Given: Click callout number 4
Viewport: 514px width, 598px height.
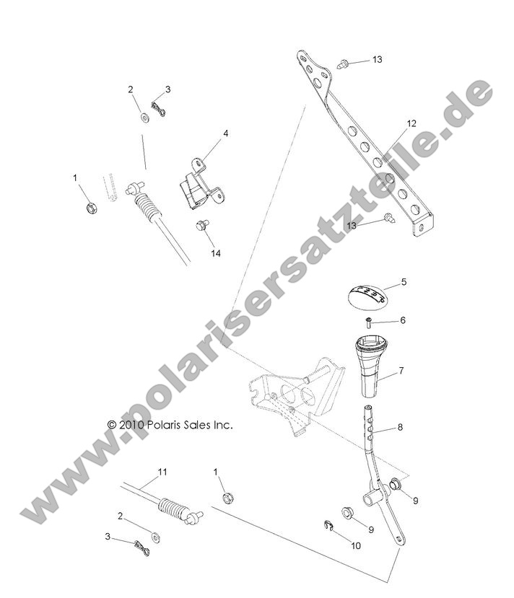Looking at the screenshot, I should pyautogui.click(x=206, y=133).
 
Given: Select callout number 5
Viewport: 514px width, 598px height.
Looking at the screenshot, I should pyautogui.click(x=404, y=283).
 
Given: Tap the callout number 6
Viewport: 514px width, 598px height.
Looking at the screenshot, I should pyautogui.click(x=404, y=320).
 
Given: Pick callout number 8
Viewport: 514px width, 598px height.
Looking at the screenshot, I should pyautogui.click(x=400, y=427).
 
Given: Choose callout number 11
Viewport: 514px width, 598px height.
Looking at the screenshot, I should pyautogui.click(x=162, y=472).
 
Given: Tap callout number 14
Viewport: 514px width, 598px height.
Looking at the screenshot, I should pyautogui.click(x=215, y=253).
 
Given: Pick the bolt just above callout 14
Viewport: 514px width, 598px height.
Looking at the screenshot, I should pyautogui.click(x=203, y=227).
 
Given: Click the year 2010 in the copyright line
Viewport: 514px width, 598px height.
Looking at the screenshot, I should pyautogui.click(x=130, y=426).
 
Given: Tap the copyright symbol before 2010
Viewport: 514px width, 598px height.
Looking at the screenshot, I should pyautogui.click(x=111, y=426).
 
